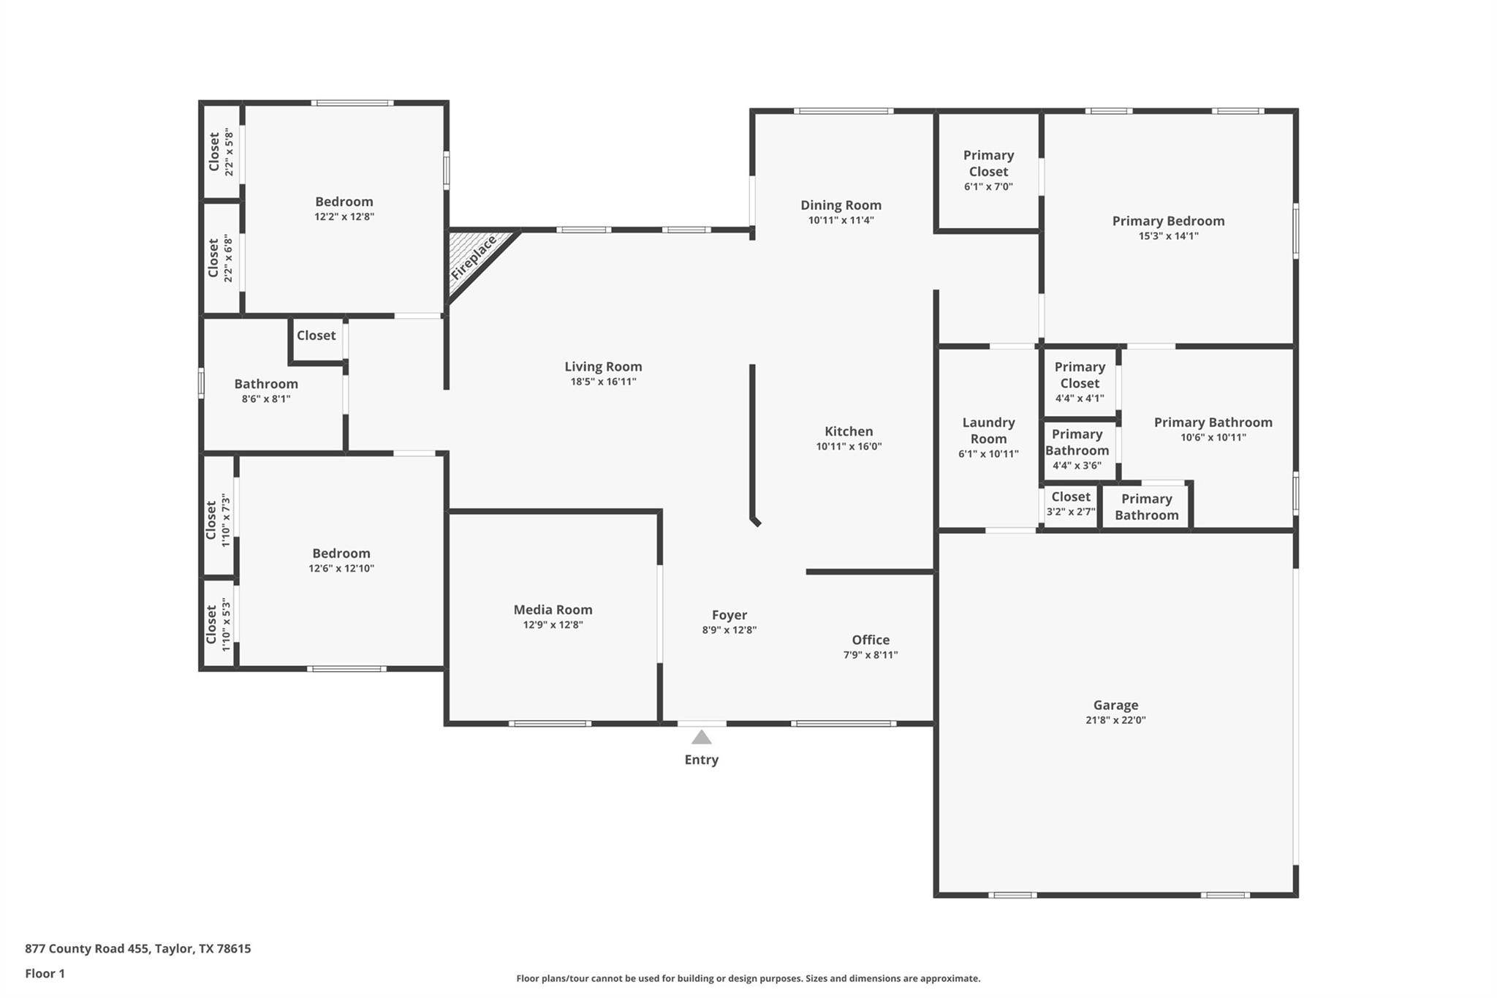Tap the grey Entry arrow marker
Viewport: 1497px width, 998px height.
pyautogui.click(x=701, y=737)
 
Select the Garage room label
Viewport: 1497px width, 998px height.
pyautogui.click(x=1115, y=705)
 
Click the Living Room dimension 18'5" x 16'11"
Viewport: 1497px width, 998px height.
pyautogui.click(x=603, y=382)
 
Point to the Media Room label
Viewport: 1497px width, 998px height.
pyautogui.click(x=553, y=609)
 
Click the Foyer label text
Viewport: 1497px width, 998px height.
pyautogui.click(x=729, y=615)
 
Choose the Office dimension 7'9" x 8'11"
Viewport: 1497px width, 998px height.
pyautogui.click(x=870, y=655)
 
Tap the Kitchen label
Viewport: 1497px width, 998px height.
pyautogui.click(x=849, y=431)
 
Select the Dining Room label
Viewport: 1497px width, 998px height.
pyautogui.click(x=841, y=205)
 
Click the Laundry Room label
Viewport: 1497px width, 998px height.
pyautogui.click(x=988, y=431)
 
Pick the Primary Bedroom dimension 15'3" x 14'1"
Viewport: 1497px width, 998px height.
pyautogui.click(x=1168, y=236)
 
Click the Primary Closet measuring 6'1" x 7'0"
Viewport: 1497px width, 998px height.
pyautogui.click(x=988, y=170)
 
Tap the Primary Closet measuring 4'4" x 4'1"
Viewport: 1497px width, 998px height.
pyautogui.click(x=1080, y=382)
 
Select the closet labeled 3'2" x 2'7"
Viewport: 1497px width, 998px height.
pyautogui.click(x=1070, y=504)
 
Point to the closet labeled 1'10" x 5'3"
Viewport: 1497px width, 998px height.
pyautogui.click(x=218, y=624)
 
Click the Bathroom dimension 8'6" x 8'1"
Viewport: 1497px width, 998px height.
pyautogui.click(x=266, y=399)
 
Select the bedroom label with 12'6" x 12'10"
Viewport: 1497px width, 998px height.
pyautogui.click(x=341, y=553)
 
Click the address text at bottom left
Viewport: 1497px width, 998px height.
pyautogui.click(x=138, y=948)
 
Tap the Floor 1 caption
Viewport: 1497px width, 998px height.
pyautogui.click(x=45, y=973)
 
